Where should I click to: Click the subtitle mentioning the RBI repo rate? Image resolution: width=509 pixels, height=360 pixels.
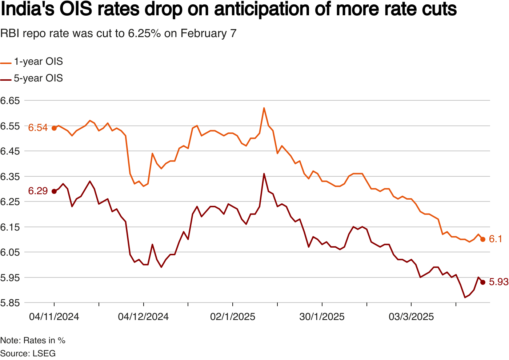click(118, 33)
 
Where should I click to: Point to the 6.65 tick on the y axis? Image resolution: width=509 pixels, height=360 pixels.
click(10, 101)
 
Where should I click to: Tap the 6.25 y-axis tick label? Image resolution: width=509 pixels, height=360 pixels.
click(10, 202)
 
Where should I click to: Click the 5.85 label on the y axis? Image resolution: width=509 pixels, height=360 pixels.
click(10, 303)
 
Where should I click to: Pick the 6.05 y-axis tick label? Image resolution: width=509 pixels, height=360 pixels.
click(10, 252)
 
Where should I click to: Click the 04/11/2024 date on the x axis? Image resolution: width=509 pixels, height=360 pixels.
click(54, 317)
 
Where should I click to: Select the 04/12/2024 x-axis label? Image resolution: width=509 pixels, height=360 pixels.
click(143, 317)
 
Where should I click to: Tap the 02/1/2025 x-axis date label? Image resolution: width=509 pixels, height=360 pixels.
click(233, 317)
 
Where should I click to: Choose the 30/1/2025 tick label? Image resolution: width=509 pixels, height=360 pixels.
click(322, 317)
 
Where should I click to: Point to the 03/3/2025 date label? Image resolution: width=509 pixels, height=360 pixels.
click(411, 317)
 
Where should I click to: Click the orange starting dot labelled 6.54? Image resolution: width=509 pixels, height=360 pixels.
click(54, 128)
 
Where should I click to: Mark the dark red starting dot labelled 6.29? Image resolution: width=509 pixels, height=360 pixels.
click(54, 191)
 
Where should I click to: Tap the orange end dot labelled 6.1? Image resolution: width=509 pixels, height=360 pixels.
click(483, 239)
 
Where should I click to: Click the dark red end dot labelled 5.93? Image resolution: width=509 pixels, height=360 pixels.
click(483, 282)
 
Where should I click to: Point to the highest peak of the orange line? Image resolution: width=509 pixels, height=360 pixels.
click(264, 108)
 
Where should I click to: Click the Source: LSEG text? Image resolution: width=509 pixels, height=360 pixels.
click(28, 353)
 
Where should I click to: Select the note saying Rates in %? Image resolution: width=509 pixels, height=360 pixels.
click(33, 341)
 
